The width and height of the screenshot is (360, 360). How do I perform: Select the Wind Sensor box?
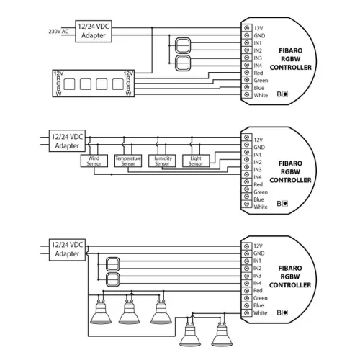point(95,161)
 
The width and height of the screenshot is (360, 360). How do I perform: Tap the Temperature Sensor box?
point(128,161)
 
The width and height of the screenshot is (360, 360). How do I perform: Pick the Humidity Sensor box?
point(162,161)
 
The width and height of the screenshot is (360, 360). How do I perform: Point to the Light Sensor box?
point(195,161)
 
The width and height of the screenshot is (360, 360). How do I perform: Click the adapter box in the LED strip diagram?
point(93,32)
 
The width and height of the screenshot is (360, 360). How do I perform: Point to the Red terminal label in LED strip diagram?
point(258,73)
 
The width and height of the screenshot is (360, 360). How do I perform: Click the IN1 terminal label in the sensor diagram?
point(258,154)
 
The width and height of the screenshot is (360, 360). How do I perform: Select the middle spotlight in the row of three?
point(129,311)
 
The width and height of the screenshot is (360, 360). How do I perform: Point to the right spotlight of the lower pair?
point(222,334)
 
